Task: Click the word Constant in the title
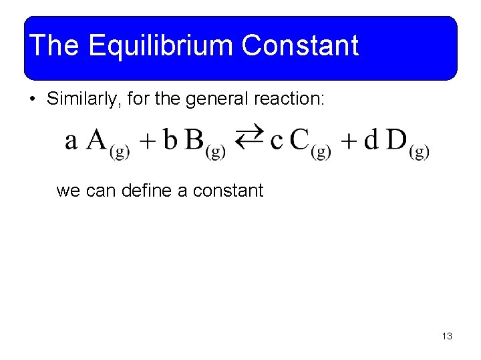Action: point(300,46)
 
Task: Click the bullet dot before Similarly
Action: point(32,101)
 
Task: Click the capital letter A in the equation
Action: point(98,140)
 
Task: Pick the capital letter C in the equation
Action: point(300,140)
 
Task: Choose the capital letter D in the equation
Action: point(397,140)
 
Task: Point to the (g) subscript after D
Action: point(419,152)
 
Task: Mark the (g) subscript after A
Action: point(120,152)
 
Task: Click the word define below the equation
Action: point(146,191)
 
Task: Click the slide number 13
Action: point(447,336)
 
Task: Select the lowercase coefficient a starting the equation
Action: point(71,141)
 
